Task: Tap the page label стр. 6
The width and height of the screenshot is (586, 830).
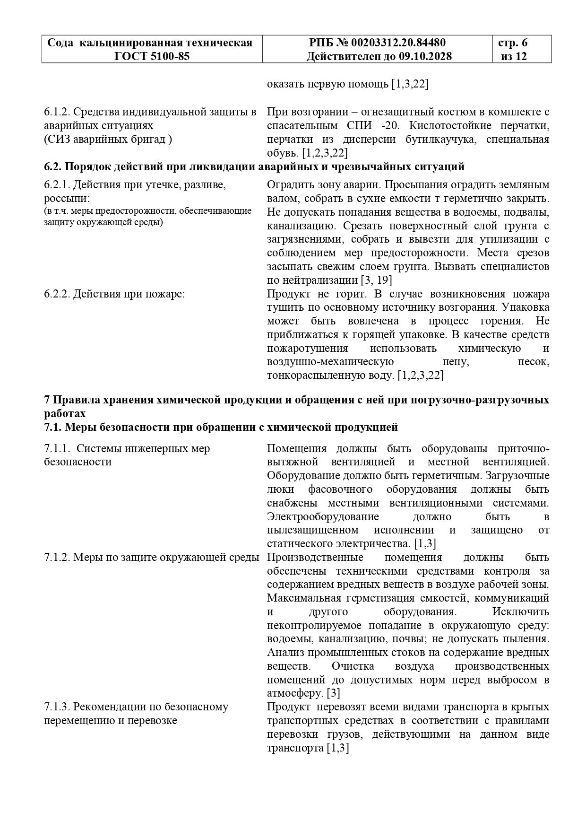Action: click(513, 43)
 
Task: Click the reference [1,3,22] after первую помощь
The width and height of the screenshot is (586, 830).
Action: click(410, 85)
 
